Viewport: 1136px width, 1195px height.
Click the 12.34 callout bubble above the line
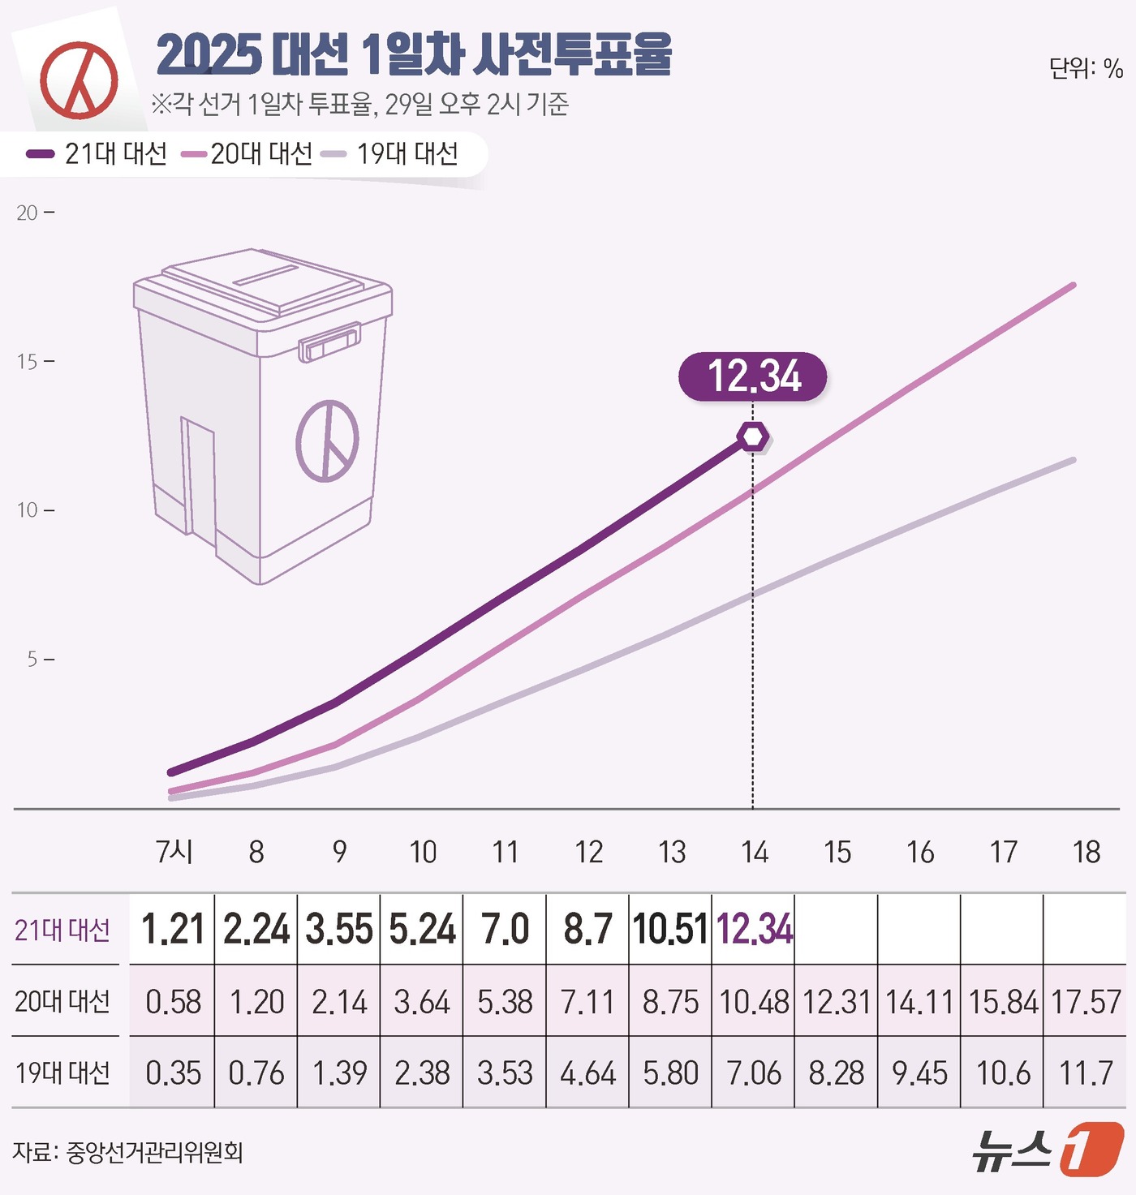point(753,376)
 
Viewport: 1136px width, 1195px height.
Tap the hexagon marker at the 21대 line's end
point(753,437)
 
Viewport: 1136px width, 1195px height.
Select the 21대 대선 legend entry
point(97,153)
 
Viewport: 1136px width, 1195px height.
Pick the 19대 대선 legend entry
point(391,153)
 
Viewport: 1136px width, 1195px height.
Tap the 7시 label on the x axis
point(174,852)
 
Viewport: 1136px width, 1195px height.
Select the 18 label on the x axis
point(1086,852)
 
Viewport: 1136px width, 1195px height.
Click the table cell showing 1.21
point(173,930)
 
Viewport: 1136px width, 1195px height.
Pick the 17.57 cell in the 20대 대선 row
point(1086,1002)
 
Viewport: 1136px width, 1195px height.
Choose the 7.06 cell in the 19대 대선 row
point(754,1073)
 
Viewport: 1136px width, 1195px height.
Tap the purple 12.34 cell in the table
point(754,930)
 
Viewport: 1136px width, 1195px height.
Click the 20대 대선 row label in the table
point(62,1002)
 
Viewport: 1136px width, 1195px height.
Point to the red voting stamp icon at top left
point(80,80)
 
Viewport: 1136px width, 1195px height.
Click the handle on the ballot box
point(330,341)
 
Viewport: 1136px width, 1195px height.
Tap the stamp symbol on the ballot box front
point(327,441)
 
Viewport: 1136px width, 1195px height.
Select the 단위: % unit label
point(1086,68)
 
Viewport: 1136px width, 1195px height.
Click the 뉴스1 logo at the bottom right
point(1047,1149)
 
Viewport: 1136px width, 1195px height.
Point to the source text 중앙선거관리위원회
point(154,1152)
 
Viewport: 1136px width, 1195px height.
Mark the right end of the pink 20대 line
point(1073,286)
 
